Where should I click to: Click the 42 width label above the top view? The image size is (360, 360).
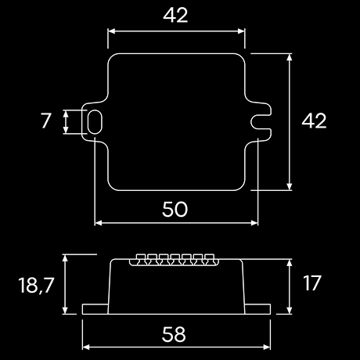click(176, 16)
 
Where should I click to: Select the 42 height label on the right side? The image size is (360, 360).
click(314, 121)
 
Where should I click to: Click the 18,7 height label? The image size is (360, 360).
click(34, 285)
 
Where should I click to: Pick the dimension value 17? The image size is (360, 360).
click(311, 283)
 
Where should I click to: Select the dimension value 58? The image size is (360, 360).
click(175, 334)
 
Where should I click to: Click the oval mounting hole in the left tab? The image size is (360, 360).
click(95, 122)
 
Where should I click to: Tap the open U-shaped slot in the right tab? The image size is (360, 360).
click(264, 121)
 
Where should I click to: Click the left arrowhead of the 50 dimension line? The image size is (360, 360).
click(97, 222)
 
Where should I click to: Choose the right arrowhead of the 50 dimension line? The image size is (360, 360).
click(255, 222)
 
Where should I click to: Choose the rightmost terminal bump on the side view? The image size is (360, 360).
click(211, 258)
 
